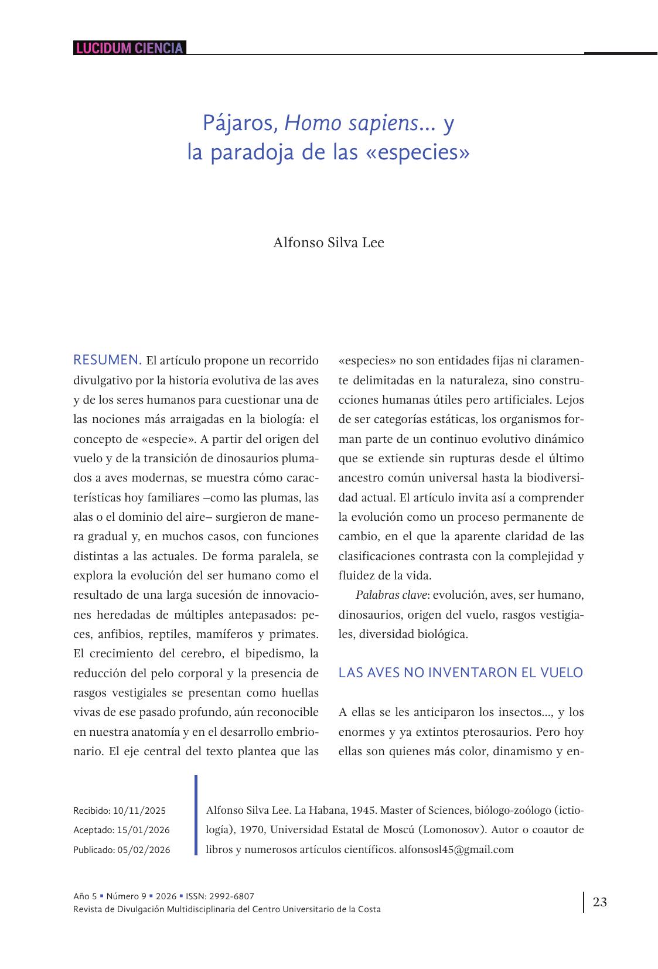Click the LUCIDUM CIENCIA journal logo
click(129, 48)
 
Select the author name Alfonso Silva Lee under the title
click(328, 243)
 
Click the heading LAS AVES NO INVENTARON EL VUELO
click(461, 673)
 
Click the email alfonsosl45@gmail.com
click(456, 849)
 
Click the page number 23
click(599, 902)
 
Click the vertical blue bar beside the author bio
click(196, 815)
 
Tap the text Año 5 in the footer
click(85, 896)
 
